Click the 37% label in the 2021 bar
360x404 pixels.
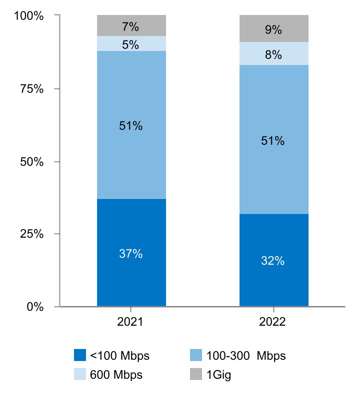131,253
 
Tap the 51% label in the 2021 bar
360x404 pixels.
131,126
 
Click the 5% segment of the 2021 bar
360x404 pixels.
131,44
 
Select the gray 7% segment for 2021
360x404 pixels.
131,25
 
